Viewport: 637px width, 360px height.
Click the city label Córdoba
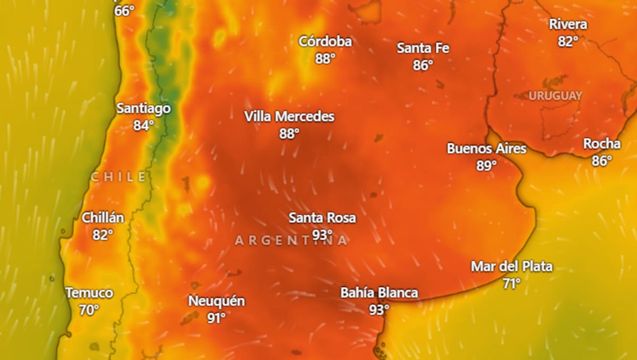[x=325, y=41]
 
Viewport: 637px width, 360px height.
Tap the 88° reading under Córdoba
[x=325, y=58]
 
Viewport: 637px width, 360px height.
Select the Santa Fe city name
[x=423, y=48]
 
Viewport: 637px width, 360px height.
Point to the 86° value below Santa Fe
[x=423, y=65]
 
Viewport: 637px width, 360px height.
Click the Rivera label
[x=568, y=24]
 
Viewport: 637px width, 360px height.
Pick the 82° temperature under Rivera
[x=568, y=41]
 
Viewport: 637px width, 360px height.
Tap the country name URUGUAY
[x=555, y=96]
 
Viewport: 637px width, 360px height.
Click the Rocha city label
[x=601, y=144]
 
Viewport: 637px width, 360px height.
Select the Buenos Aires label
[x=486, y=149]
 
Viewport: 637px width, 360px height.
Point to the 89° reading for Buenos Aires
[x=486, y=166]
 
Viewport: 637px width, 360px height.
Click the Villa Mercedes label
[x=289, y=117]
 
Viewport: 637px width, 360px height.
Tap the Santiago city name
[x=143, y=109]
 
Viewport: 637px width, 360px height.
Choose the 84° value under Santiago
[x=143, y=126]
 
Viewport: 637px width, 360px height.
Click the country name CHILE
[x=118, y=177]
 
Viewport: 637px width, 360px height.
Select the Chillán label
[x=103, y=218]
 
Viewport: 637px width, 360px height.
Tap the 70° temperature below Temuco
[x=89, y=310]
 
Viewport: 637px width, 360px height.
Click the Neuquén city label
[x=217, y=301]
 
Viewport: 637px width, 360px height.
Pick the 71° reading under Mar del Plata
[x=512, y=284]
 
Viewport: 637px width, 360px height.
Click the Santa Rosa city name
[x=322, y=218]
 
